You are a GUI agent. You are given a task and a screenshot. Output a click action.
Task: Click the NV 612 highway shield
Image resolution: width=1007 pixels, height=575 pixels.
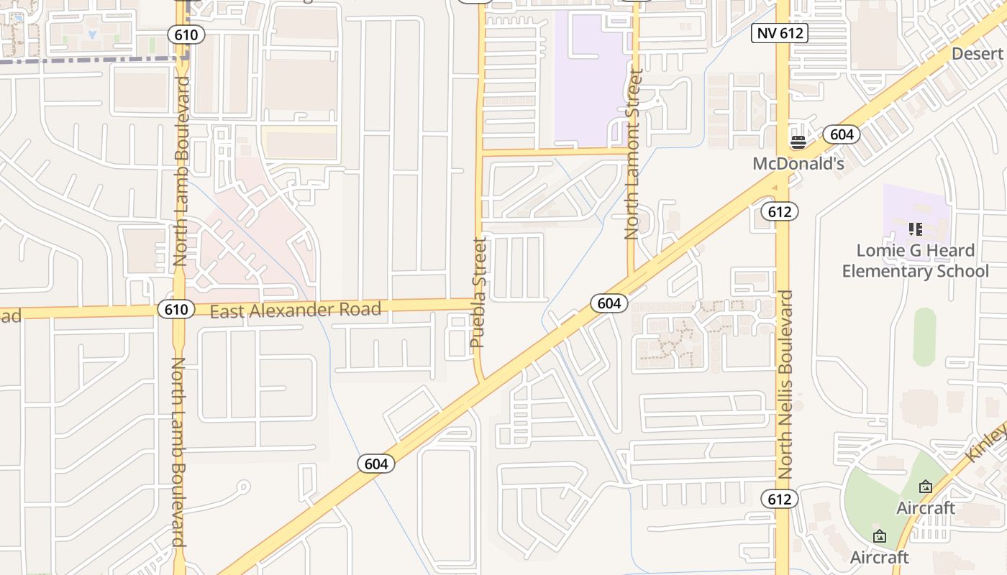pyautogui.click(x=780, y=32)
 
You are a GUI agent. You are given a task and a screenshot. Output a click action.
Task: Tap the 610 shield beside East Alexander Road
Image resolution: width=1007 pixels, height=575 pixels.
pyautogui.click(x=176, y=309)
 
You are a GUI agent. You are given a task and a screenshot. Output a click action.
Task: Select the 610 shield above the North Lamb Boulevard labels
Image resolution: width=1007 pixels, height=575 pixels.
pyautogui.click(x=187, y=34)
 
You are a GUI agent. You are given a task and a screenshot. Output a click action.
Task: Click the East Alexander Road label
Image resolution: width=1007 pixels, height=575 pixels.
pyautogui.click(x=296, y=310)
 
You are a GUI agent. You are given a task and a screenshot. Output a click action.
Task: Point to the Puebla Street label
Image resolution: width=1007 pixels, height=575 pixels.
pyautogui.click(x=479, y=293)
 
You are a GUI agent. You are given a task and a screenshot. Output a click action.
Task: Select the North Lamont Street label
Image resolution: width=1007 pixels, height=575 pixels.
pyautogui.click(x=632, y=154)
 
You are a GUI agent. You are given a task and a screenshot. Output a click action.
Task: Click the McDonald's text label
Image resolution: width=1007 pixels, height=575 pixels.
pyautogui.click(x=798, y=164)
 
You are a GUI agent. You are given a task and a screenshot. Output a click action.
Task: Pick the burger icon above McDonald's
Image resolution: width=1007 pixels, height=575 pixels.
pyautogui.click(x=798, y=142)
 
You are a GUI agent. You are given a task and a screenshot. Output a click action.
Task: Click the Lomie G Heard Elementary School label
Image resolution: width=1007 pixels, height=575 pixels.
pyautogui.click(x=916, y=261)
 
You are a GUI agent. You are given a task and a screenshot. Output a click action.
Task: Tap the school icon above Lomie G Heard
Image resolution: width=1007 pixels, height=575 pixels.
pyautogui.click(x=916, y=229)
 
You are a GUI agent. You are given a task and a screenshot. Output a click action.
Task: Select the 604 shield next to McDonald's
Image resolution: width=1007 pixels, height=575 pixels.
pyautogui.click(x=842, y=134)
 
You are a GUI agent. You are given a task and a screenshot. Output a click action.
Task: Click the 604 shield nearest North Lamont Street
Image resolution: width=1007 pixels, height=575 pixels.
pyautogui.click(x=609, y=303)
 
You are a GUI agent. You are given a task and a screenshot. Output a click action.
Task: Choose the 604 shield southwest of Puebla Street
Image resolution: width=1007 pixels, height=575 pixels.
pyautogui.click(x=376, y=464)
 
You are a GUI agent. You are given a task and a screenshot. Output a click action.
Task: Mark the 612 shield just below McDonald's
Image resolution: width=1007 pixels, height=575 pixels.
pyautogui.click(x=779, y=211)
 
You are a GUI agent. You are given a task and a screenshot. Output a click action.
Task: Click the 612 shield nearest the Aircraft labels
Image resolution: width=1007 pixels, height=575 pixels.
pyautogui.click(x=779, y=499)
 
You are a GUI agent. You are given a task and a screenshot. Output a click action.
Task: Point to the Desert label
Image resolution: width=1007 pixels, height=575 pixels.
pyautogui.click(x=977, y=54)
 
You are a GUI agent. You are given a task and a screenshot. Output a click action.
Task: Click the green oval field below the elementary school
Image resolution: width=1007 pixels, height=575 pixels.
pyautogui.click(x=924, y=337)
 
